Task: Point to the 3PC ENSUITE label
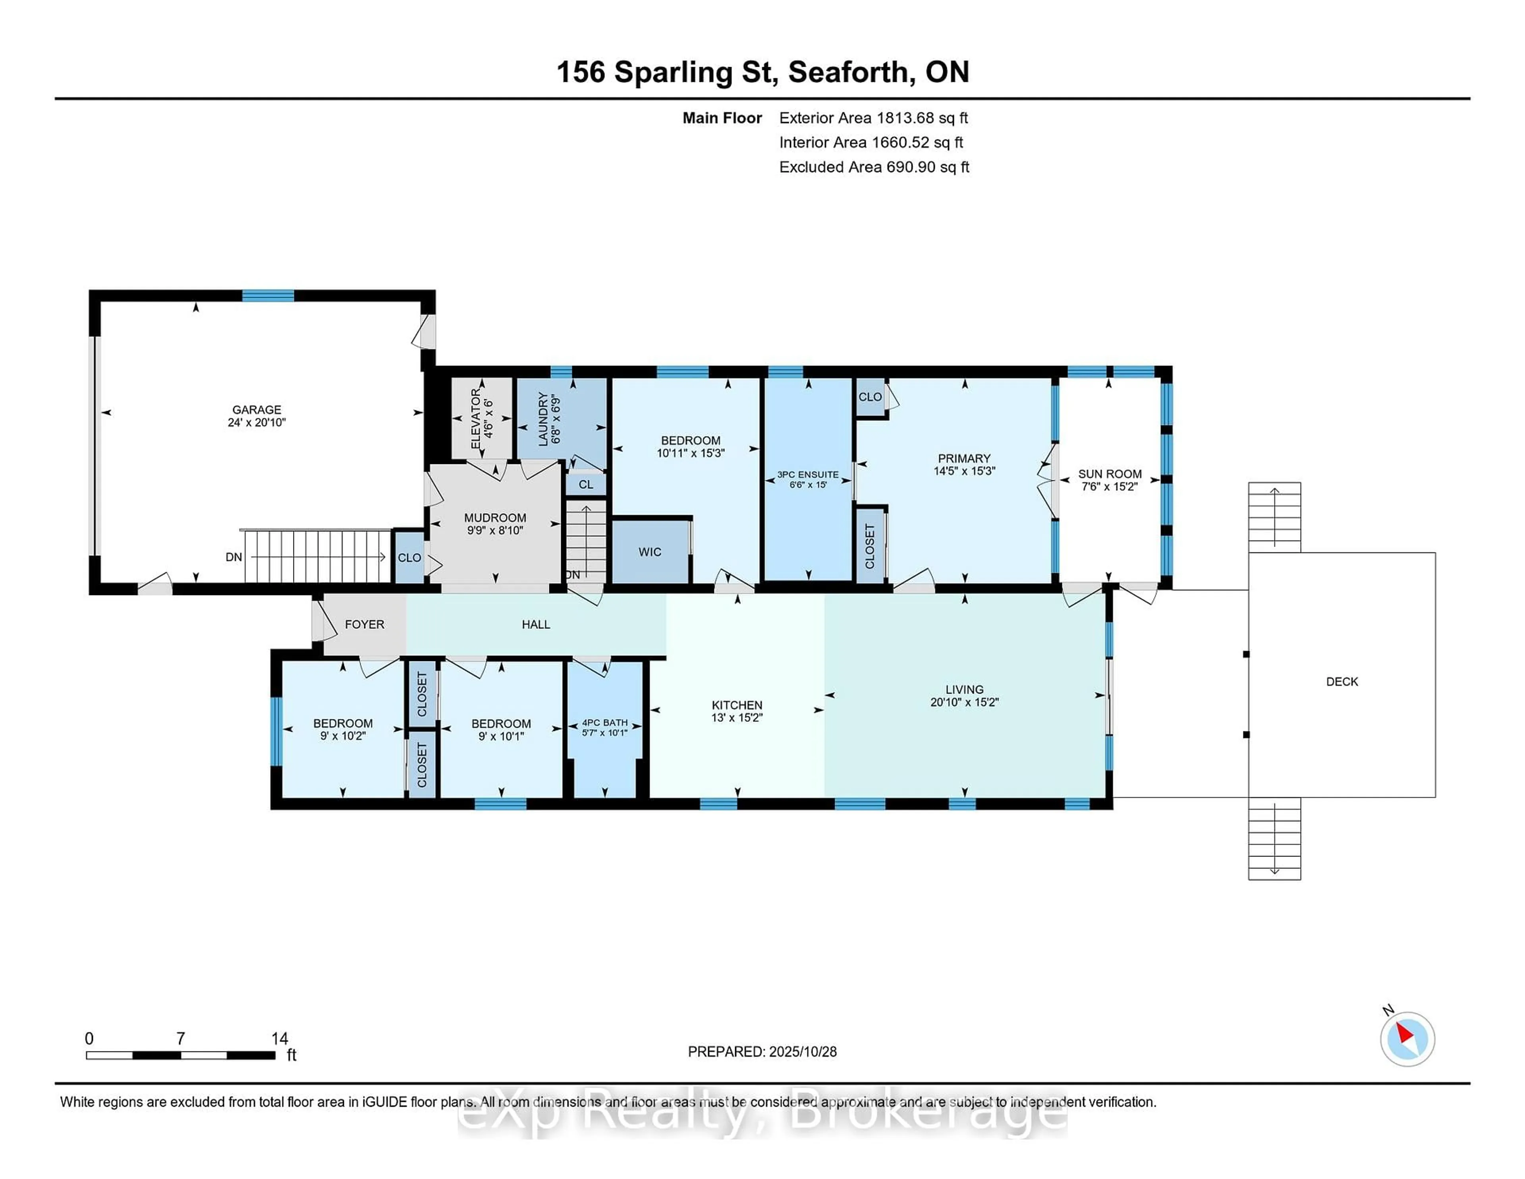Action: coord(808,474)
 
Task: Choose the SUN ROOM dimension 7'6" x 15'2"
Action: coord(1110,487)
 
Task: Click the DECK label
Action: coord(1342,682)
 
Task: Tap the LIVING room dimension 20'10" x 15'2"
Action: coord(964,702)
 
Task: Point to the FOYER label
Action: coord(365,624)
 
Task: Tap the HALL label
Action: coord(536,624)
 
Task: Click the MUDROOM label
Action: coord(495,518)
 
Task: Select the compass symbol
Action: coord(1407,1039)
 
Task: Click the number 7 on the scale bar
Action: coord(181,1039)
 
